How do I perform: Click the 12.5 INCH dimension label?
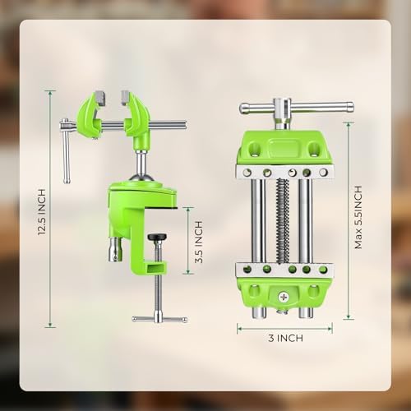pyautogui.click(x=41, y=212)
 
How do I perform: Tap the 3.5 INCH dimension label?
pyautogui.click(x=199, y=242)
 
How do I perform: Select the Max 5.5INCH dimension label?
pyautogui.click(x=358, y=217)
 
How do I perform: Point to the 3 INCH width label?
pyautogui.click(x=285, y=338)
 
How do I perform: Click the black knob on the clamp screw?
pyautogui.click(x=157, y=237)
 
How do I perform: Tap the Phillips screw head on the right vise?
pyautogui.click(x=283, y=297)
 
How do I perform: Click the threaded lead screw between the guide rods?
pyautogui.click(x=282, y=220)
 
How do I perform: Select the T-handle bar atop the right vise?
pyautogui.click(x=296, y=108)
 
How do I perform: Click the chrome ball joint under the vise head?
pyautogui.click(x=142, y=178)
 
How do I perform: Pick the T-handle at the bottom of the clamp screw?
pyautogui.click(x=159, y=319)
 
